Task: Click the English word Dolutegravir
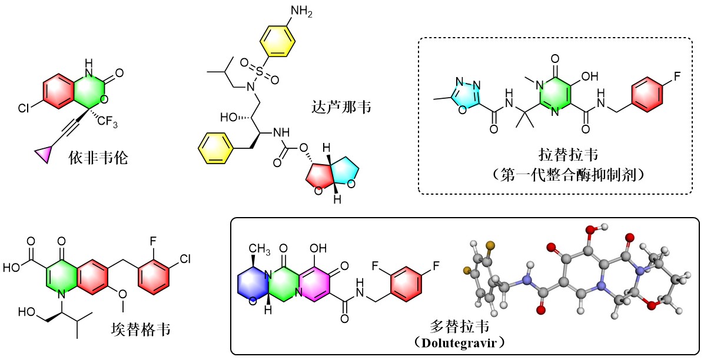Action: coord(467,341)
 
